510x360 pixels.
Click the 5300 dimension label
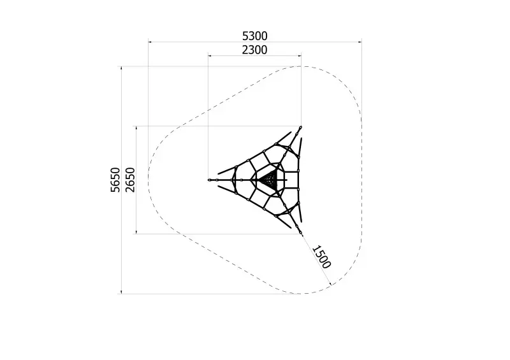point(254,36)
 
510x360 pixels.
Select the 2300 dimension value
point(254,50)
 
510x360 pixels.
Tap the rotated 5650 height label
point(115,180)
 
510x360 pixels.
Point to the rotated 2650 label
point(130,180)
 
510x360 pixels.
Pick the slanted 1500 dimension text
point(322,257)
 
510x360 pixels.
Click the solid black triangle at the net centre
point(269,180)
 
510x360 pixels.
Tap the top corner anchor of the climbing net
point(300,127)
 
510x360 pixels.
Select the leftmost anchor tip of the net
point(209,180)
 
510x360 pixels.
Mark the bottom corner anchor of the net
point(300,233)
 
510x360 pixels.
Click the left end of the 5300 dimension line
point(149,42)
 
